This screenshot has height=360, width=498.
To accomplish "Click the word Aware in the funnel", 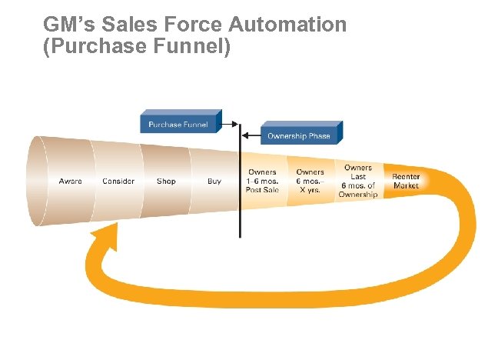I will (71, 182).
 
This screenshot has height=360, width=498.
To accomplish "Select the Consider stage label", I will (118, 182).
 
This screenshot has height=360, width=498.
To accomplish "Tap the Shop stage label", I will (166, 182).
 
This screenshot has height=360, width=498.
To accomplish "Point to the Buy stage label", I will (214, 182).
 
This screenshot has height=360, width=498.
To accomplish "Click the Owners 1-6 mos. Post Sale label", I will (262, 181).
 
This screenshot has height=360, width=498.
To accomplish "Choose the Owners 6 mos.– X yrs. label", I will (310, 181).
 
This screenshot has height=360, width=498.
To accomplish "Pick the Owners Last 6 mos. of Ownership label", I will (358, 181).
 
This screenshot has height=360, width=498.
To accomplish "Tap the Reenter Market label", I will (406, 181).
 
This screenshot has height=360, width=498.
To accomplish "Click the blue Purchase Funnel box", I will (178, 124).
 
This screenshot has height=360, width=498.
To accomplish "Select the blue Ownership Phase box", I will (299, 135).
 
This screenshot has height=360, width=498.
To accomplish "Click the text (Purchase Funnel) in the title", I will (138, 46).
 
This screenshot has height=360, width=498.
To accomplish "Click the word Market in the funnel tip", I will (406, 185).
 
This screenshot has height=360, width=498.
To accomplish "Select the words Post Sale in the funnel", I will (262, 190).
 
